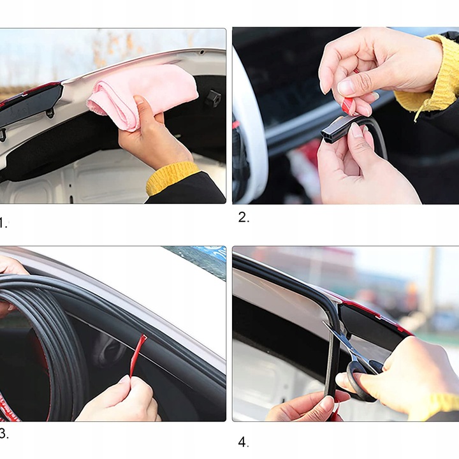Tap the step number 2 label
click(244, 217)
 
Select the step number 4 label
click(243, 442)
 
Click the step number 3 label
click(4, 434)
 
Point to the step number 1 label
click(3, 223)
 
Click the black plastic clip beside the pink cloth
click(212, 99)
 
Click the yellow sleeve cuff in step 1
click(172, 178)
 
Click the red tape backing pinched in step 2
click(348, 106)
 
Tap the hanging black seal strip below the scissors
click(331, 363)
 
